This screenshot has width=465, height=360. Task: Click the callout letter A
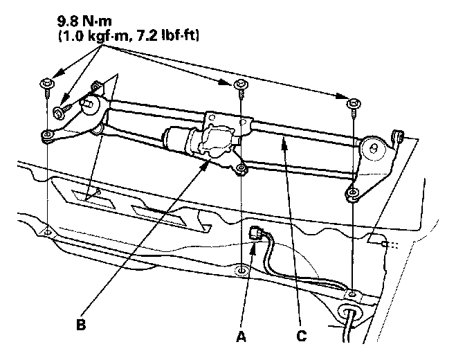point(240,337)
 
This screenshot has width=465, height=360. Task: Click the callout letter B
point(81,323)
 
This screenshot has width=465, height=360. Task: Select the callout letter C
point(301,337)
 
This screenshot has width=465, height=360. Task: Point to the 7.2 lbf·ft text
point(170,32)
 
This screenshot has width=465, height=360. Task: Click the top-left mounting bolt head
point(45,85)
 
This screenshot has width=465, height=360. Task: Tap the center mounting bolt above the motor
point(240,85)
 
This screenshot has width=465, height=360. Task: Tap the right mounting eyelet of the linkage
point(354,195)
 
